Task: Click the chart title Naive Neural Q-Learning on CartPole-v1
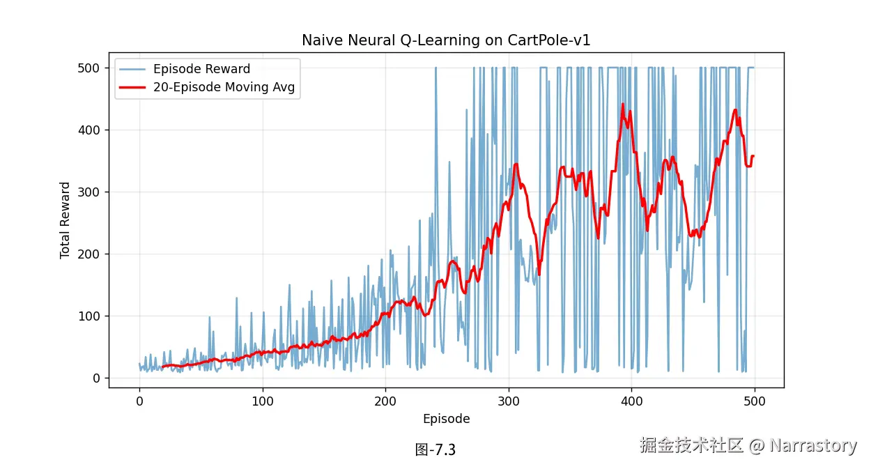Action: point(446,40)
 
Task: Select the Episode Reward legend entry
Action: point(201,69)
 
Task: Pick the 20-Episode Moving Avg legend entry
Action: point(224,87)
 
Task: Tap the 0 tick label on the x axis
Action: point(139,401)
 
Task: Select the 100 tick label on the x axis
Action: point(263,401)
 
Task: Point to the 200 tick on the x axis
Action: point(385,401)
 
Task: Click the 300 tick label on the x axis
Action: point(509,401)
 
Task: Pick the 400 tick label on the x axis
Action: point(632,401)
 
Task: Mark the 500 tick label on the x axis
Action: point(755,401)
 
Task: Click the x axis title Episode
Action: point(446,419)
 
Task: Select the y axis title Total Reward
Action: point(65,220)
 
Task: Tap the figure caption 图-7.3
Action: point(435,449)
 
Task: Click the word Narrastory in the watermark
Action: point(812,445)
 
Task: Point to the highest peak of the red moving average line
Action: point(623,105)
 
